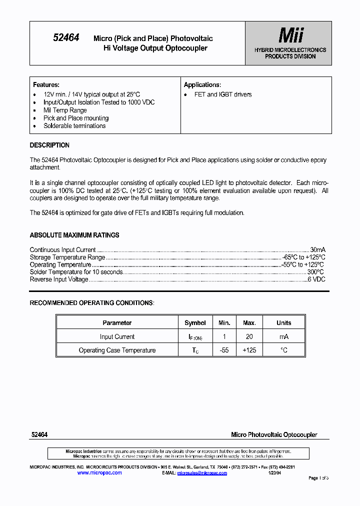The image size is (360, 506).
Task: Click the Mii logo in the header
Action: [290, 35]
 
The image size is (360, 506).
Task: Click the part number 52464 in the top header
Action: [66, 37]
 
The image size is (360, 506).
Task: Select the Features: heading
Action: [46, 85]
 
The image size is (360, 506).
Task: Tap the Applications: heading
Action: [202, 85]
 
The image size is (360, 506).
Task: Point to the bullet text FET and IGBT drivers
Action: [223, 94]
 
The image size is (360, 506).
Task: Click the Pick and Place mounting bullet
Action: [76, 118]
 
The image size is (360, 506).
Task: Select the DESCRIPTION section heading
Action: [49, 145]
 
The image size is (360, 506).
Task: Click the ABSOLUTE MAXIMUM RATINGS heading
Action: [74, 235]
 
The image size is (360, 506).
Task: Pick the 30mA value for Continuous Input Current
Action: [317, 250]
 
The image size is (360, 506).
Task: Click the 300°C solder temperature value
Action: [315, 272]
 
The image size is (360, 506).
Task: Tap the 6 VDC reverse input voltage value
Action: [316, 279]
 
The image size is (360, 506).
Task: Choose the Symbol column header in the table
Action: [195, 323]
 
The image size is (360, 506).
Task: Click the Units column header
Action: [284, 323]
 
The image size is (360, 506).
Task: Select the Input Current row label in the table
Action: [117, 337]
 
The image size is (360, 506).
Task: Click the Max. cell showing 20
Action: [249, 337]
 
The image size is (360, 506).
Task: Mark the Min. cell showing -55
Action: [224, 350]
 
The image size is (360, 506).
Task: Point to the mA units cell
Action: [284, 337]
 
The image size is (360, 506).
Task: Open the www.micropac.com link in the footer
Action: [99, 473]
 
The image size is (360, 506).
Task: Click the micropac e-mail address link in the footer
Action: [202, 473]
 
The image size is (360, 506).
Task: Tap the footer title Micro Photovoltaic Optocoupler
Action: [274, 435]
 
